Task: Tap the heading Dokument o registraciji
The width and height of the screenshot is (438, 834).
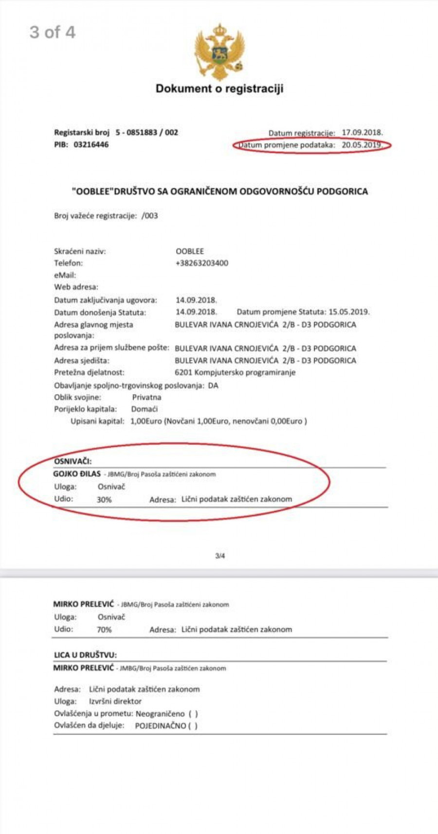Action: tap(219, 88)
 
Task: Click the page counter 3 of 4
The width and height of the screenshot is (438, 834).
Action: tap(53, 32)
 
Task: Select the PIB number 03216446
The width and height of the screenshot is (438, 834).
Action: tap(91, 144)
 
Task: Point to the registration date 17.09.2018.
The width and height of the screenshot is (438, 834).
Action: tap(362, 132)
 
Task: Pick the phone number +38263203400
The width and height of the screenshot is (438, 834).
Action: tap(201, 263)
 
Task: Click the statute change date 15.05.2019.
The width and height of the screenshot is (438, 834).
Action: tap(349, 312)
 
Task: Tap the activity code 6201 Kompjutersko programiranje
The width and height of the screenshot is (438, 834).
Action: tap(235, 372)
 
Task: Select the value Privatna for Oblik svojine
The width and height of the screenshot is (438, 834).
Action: tap(146, 397)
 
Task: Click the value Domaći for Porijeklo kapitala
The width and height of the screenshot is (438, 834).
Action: tap(144, 409)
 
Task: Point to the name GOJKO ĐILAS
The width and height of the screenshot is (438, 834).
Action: tap(77, 474)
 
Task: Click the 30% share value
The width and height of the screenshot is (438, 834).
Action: tap(104, 499)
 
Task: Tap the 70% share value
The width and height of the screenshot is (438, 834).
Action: tap(104, 629)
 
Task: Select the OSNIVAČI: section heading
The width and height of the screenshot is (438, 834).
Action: tap(73, 461)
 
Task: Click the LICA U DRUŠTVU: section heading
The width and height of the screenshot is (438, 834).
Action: tap(85, 655)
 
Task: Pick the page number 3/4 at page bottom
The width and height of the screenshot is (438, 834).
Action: tap(220, 556)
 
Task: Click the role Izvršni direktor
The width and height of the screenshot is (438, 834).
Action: tap(115, 701)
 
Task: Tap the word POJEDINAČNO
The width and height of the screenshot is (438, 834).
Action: tap(160, 726)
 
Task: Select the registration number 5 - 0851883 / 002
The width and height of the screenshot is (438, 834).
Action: tap(146, 132)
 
